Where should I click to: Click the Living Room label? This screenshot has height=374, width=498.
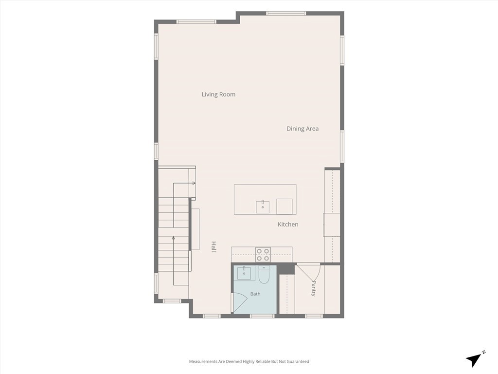coord(218,94)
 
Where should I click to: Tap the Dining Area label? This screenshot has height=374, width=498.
coord(302,129)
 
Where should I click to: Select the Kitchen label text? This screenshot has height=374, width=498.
coord(288,224)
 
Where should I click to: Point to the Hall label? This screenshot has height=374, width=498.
coord(214,247)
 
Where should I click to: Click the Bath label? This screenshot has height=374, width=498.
coord(255,294)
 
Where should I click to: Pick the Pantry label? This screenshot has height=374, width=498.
coord(314,288)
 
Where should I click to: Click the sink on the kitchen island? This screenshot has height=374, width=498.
coord(263,207)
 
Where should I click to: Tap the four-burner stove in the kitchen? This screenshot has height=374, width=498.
coord(263,255)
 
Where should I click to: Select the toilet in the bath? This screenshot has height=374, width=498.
coord(264,275)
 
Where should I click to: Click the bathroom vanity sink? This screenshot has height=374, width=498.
coord(244,274)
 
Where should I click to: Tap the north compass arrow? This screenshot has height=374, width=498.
coord(473,360)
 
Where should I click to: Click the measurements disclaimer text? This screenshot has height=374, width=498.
coord(249,362)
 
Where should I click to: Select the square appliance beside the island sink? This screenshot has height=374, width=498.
coord(284,206)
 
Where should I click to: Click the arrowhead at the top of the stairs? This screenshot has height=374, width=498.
coord(194,183)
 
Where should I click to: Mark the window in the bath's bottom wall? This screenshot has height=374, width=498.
coord(262,316)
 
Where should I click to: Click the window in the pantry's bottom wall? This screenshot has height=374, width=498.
coord(314,316)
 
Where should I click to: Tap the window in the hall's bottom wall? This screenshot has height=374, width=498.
coord(212,316)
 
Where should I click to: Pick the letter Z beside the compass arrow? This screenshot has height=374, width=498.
coord(483,352)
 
